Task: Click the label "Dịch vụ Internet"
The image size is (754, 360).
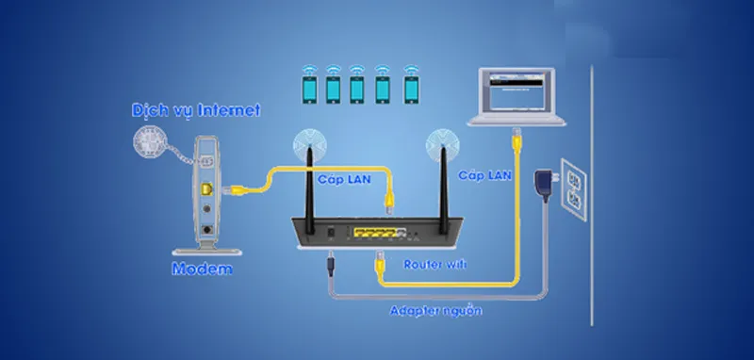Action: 196,111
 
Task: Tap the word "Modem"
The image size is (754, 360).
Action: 202,270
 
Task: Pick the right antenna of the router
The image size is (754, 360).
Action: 439,179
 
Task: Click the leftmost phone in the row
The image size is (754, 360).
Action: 308,88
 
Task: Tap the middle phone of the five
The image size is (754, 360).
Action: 358,88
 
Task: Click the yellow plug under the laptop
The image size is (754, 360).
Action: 516,145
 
